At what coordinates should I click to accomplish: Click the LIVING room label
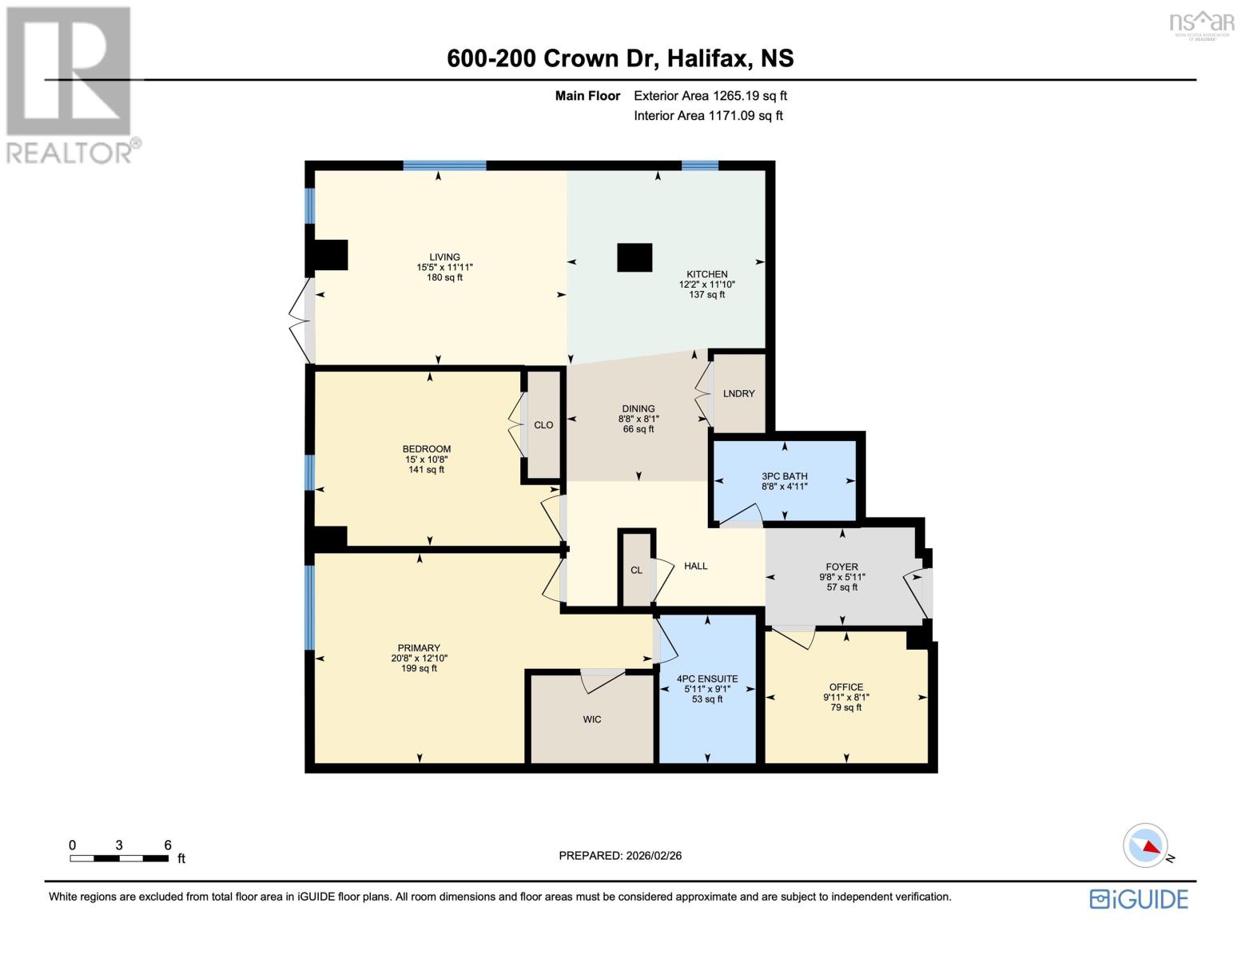[444, 257]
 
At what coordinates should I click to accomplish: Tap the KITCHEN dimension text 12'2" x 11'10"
[706, 285]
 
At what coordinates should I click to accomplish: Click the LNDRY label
[738, 394]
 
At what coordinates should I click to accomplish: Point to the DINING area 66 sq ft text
[638, 429]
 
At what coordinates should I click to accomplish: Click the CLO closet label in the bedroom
[543, 425]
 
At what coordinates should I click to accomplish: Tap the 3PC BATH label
[784, 476]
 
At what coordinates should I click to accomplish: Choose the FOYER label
[841, 567]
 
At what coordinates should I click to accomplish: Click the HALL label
[695, 566]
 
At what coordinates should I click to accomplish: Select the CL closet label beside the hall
[636, 571]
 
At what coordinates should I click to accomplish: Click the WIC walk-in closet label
[591, 720]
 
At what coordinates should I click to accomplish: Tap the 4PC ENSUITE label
[706, 679]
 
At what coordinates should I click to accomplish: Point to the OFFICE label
[845, 687]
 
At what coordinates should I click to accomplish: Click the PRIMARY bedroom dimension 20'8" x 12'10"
[419, 659]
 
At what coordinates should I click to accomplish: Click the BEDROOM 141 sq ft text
[426, 470]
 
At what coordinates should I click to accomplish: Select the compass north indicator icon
[1146, 846]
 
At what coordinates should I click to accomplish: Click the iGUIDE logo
[1139, 899]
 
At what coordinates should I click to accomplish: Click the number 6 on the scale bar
[168, 845]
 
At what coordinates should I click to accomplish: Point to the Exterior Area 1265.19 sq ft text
[710, 96]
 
